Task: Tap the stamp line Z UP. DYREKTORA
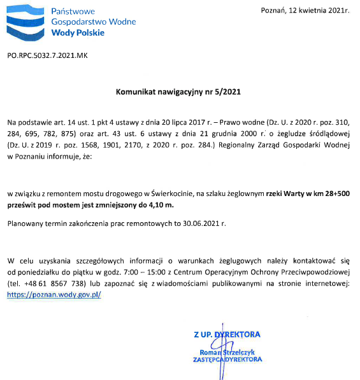click(x=227, y=334)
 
